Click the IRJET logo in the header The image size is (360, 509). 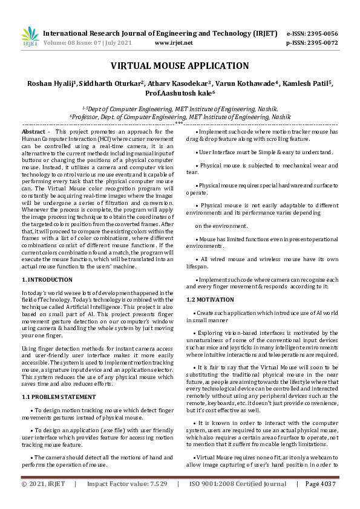[29, 36]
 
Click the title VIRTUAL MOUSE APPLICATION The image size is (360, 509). [180, 66]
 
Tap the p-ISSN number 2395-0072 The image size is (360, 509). [322, 44]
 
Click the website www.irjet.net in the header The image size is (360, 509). [174, 44]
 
